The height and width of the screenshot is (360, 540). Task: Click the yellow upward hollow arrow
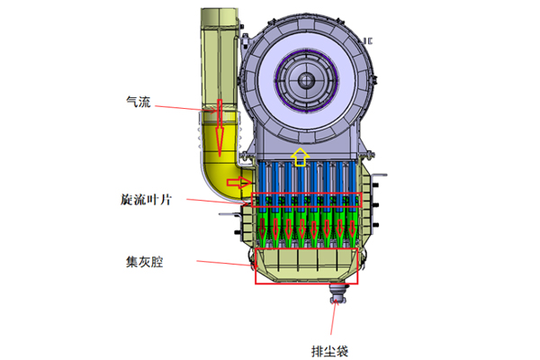pos(301,160)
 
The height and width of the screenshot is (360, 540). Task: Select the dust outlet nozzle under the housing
pos(339,290)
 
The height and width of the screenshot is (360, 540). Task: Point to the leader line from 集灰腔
pos(220,264)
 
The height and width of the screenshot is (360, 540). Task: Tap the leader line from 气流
pos(184,109)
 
